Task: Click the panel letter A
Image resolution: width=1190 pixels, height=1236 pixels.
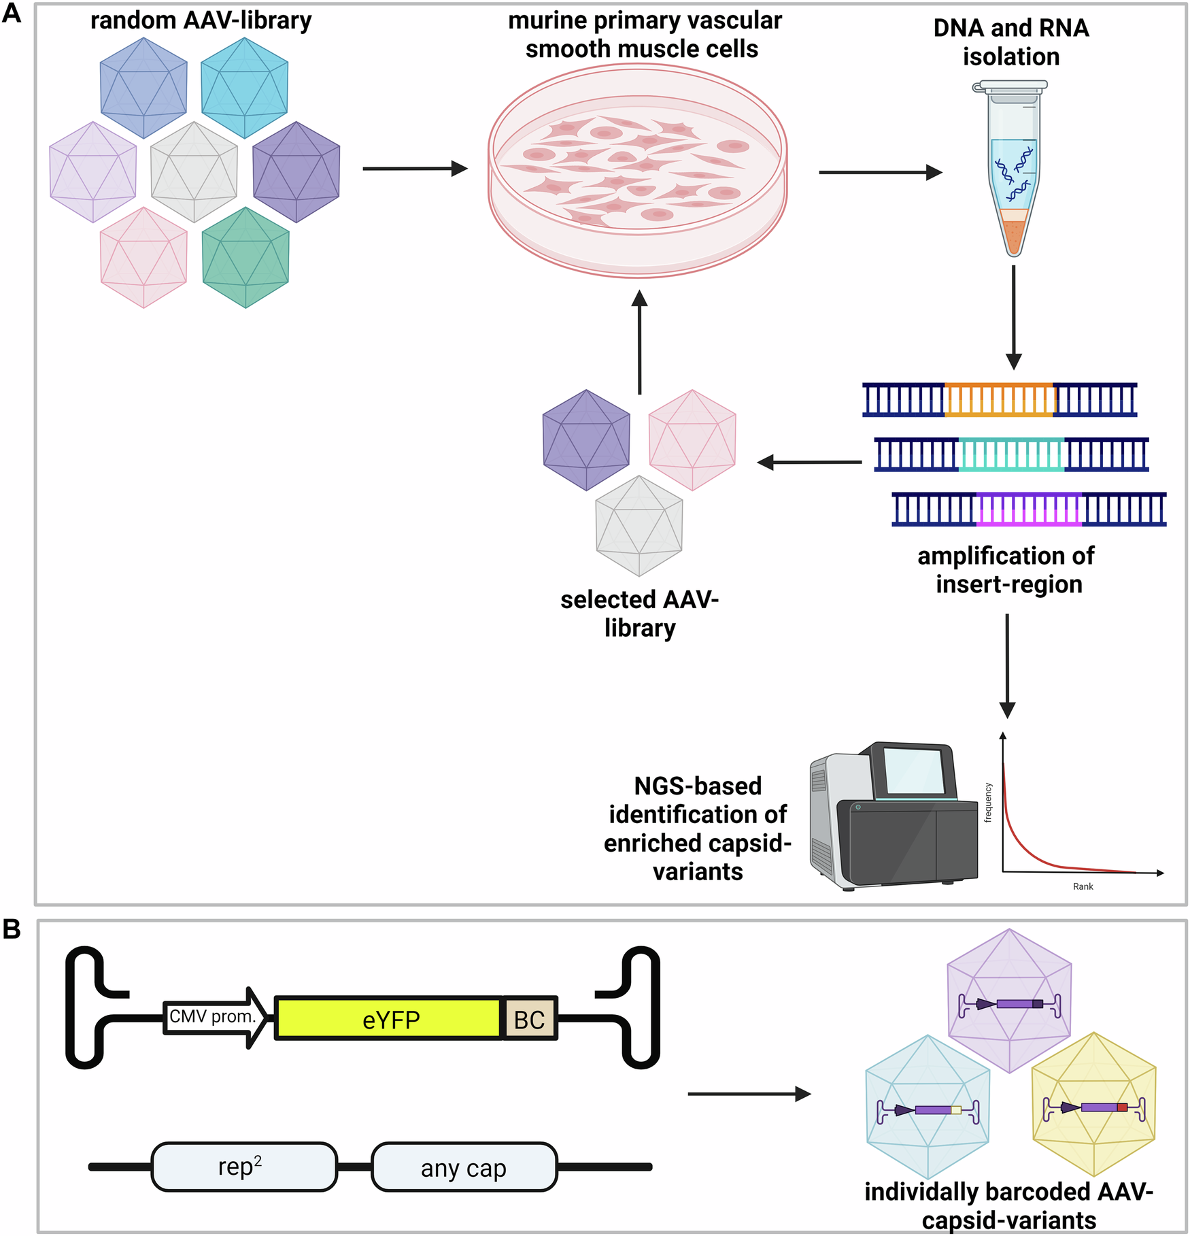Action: [x=12, y=13]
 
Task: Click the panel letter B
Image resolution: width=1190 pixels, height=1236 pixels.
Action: [x=12, y=929]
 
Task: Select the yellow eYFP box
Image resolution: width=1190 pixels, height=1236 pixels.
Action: [x=389, y=1018]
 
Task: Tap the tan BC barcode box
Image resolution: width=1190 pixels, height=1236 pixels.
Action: [x=530, y=1018]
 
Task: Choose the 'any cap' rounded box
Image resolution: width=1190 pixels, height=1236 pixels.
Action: [x=464, y=1167]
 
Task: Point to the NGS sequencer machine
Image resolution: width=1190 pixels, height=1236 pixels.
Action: [x=894, y=816]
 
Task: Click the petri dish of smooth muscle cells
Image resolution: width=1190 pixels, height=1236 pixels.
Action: [x=638, y=170]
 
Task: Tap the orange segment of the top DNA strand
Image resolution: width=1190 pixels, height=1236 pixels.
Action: [x=999, y=399]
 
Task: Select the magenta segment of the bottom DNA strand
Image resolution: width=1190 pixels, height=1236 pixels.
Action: [x=1028, y=510]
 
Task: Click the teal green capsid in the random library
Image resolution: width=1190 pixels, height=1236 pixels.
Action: [x=245, y=257]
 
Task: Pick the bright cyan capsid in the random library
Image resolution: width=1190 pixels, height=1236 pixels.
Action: [x=245, y=87]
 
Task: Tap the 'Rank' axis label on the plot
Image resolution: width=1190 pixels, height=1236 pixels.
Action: [x=1083, y=886]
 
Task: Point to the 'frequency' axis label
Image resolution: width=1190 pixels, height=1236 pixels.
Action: [x=988, y=803]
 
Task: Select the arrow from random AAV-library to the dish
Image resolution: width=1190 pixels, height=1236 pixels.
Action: [x=415, y=168]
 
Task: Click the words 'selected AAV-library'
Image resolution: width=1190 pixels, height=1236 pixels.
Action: [x=639, y=614]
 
